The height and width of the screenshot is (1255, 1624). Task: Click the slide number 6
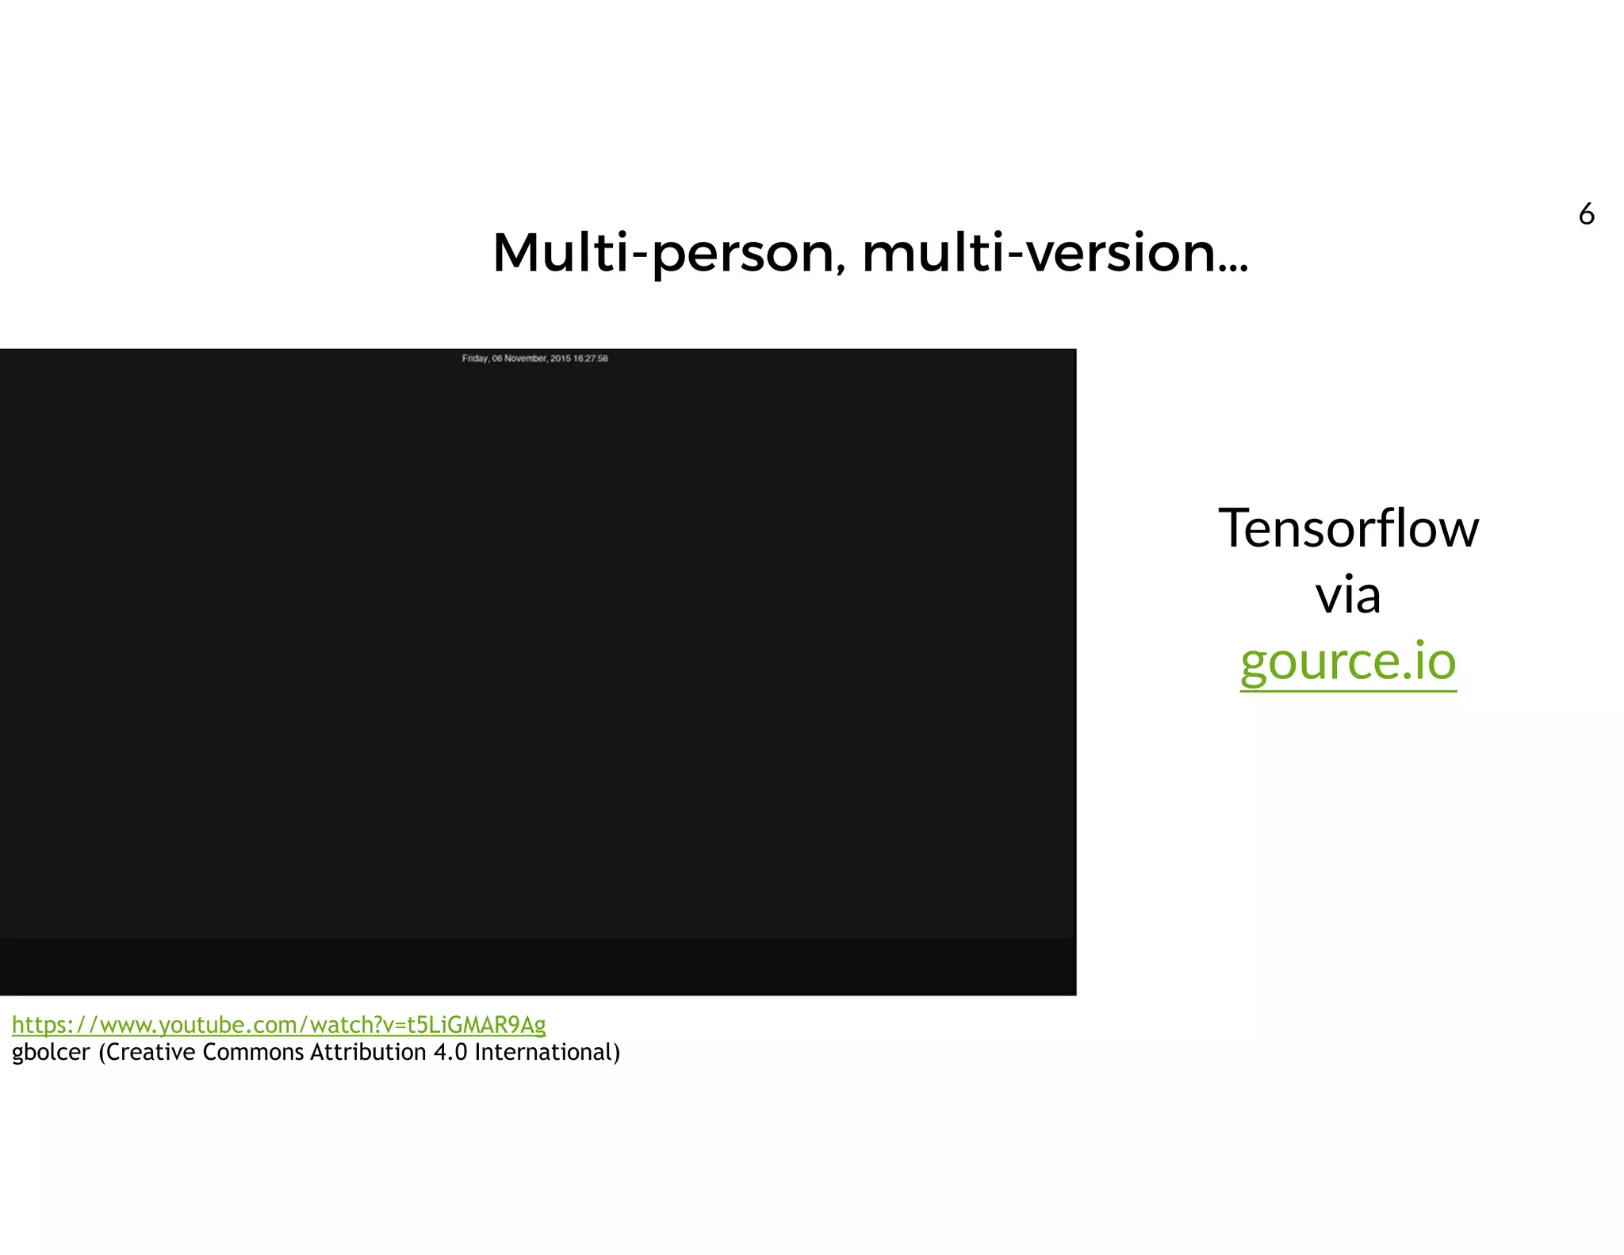coord(1586,214)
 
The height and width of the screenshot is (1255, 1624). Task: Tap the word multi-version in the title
coord(1039,253)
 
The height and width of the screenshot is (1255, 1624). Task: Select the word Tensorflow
coord(1348,528)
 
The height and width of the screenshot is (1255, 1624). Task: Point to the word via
coord(1348,595)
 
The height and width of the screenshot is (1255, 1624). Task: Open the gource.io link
coord(1348,662)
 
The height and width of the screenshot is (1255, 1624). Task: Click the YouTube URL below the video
coord(278,1025)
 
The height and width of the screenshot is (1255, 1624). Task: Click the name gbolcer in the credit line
coord(51,1053)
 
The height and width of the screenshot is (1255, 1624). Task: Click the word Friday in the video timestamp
coord(475,359)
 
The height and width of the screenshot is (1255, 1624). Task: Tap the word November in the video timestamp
coord(525,359)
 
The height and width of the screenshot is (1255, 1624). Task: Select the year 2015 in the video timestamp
coord(560,359)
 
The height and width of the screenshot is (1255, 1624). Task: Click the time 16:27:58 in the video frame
coord(591,359)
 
